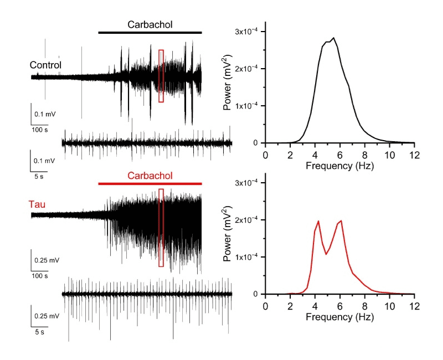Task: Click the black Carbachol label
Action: (x=150, y=24)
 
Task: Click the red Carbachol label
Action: (x=150, y=176)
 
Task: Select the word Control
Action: (x=45, y=65)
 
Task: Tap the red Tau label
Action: (x=37, y=205)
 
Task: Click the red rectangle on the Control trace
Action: (x=161, y=76)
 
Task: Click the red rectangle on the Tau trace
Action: (x=161, y=228)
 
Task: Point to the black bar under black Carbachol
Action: (x=150, y=33)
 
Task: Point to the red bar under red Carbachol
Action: (x=150, y=183)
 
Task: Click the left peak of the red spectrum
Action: (x=318, y=221)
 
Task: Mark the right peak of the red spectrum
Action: (x=341, y=220)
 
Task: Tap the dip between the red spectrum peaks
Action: (x=327, y=254)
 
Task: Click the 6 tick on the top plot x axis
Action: (x=339, y=155)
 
